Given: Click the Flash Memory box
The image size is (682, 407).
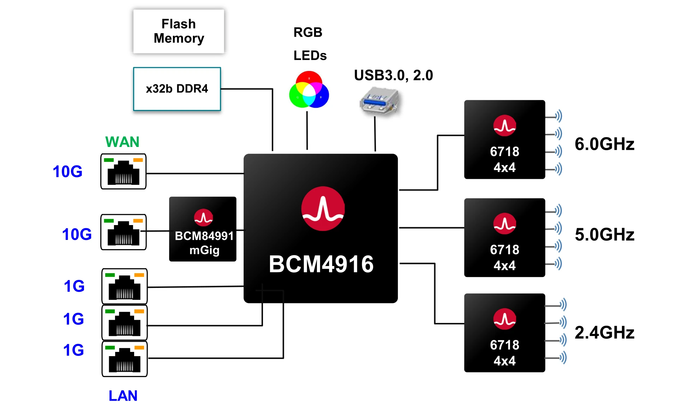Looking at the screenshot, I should click(x=179, y=31).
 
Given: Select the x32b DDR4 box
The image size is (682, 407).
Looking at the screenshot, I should click(x=177, y=89).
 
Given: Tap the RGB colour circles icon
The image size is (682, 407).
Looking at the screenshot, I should click(x=309, y=90).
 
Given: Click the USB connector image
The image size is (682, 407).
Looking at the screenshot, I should click(x=379, y=101).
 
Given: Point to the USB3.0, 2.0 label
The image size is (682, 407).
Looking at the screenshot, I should click(x=393, y=75).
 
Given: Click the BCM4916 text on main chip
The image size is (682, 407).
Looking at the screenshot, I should click(x=321, y=264).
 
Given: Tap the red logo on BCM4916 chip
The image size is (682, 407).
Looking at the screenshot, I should click(x=323, y=208).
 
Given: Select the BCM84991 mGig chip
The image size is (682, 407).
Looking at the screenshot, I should click(x=203, y=229).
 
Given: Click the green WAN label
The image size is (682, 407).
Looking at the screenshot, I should click(x=122, y=142).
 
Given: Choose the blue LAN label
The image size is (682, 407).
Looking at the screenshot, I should click(x=123, y=395).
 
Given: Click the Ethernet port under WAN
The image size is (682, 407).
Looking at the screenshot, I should click(x=123, y=171).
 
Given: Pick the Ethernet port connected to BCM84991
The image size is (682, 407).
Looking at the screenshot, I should click(x=123, y=232).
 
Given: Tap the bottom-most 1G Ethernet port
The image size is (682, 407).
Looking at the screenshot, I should click(x=124, y=359).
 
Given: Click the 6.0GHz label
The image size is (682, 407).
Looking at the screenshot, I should click(x=604, y=144).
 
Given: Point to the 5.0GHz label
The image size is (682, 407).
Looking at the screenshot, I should click(x=604, y=234).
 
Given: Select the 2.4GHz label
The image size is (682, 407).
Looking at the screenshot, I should click(x=604, y=332).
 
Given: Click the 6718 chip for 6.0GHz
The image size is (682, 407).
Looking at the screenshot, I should click(x=504, y=140).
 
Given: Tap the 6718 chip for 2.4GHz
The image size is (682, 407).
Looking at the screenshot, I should click(x=504, y=332).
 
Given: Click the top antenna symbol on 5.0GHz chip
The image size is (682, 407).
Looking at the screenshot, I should click(x=558, y=211).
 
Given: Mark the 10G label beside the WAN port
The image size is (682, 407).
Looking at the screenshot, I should click(x=67, y=171).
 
